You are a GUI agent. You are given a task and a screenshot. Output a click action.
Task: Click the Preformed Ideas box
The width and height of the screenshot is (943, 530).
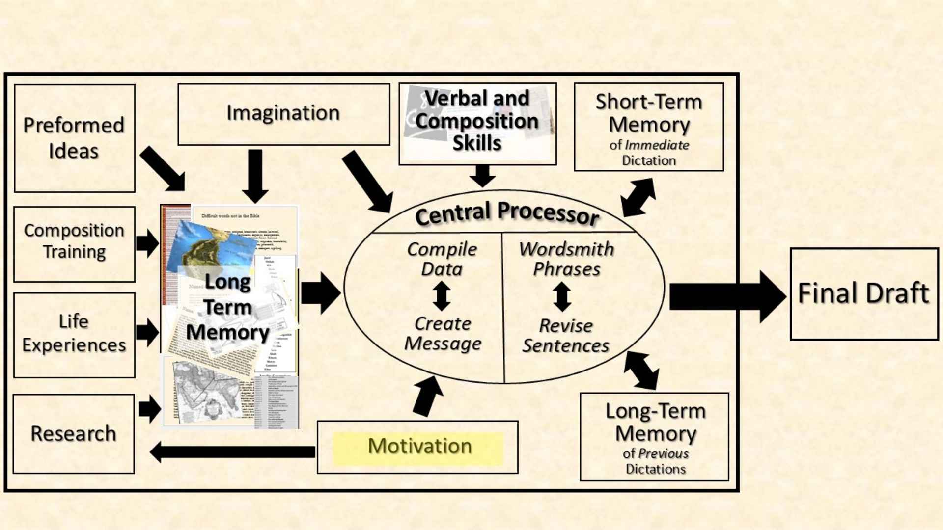(x=75, y=138)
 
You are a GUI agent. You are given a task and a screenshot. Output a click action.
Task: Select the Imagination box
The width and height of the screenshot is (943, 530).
(x=283, y=114)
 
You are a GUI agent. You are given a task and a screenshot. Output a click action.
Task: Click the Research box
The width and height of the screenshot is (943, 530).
(x=74, y=433)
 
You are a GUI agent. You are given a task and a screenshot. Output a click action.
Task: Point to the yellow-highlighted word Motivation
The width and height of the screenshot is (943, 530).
(x=419, y=447)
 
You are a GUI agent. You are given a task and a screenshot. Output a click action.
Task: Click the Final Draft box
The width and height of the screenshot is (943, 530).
(x=863, y=293)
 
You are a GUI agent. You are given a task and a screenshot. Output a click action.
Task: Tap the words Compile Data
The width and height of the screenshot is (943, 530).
(x=442, y=259)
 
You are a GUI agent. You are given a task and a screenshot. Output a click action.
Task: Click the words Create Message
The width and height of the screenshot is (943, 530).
(x=443, y=334)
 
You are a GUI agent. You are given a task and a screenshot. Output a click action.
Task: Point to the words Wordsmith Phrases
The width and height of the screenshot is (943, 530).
(x=566, y=259)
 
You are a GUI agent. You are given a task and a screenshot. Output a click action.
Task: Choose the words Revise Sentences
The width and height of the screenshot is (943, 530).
(x=566, y=336)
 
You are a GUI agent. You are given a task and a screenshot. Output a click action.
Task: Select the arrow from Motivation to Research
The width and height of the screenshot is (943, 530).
(x=233, y=451)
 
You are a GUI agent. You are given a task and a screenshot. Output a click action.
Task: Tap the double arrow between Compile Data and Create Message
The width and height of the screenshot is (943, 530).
(x=442, y=296)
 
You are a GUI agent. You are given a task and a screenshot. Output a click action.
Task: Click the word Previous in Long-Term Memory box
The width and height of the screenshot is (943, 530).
(x=663, y=453)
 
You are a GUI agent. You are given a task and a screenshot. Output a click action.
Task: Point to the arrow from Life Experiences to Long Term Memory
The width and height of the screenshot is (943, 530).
(x=147, y=332)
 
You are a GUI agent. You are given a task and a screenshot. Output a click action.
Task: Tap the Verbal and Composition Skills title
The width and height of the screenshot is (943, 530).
(x=477, y=121)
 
